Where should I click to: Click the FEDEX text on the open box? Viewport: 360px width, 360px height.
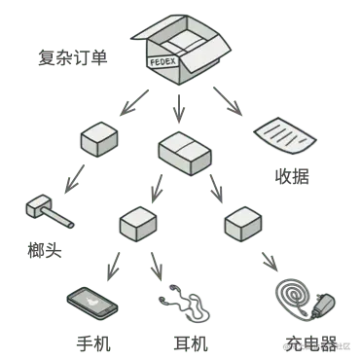click(x=164, y=61)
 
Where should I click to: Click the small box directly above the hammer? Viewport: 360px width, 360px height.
click(x=99, y=142)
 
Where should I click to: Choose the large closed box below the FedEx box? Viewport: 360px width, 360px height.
click(x=184, y=153)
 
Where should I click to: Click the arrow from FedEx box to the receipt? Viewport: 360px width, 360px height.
click(x=228, y=102)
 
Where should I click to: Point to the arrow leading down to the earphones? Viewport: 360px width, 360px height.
click(x=156, y=264)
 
